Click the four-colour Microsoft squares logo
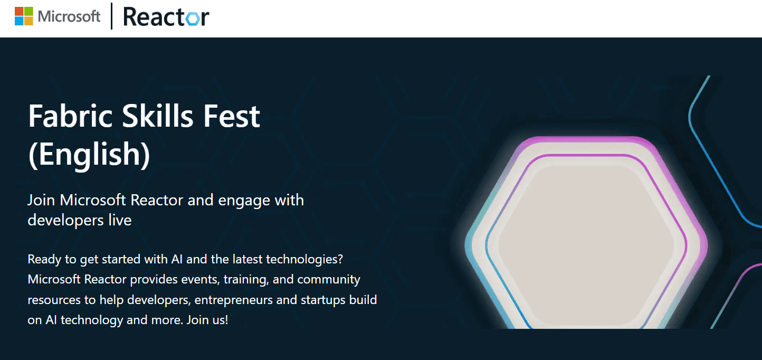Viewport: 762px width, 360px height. coord(24,16)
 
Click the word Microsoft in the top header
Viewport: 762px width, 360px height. coord(69,16)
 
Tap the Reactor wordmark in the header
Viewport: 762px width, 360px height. coord(166,17)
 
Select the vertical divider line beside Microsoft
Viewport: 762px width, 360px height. coord(111,16)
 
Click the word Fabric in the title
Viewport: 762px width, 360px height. coord(70,116)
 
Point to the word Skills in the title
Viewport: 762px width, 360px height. coord(157,116)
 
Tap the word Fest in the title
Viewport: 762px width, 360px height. coord(232,117)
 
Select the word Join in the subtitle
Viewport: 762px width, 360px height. coord(41,200)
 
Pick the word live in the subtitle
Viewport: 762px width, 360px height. coord(120,220)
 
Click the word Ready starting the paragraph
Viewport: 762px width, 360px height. coord(44,260)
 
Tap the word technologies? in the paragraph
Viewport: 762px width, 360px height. coord(304,260)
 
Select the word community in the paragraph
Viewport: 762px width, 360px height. coord(329,279)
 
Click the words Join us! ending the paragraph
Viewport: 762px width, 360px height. coord(207,320)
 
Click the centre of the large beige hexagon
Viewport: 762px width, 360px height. coord(586,245)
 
